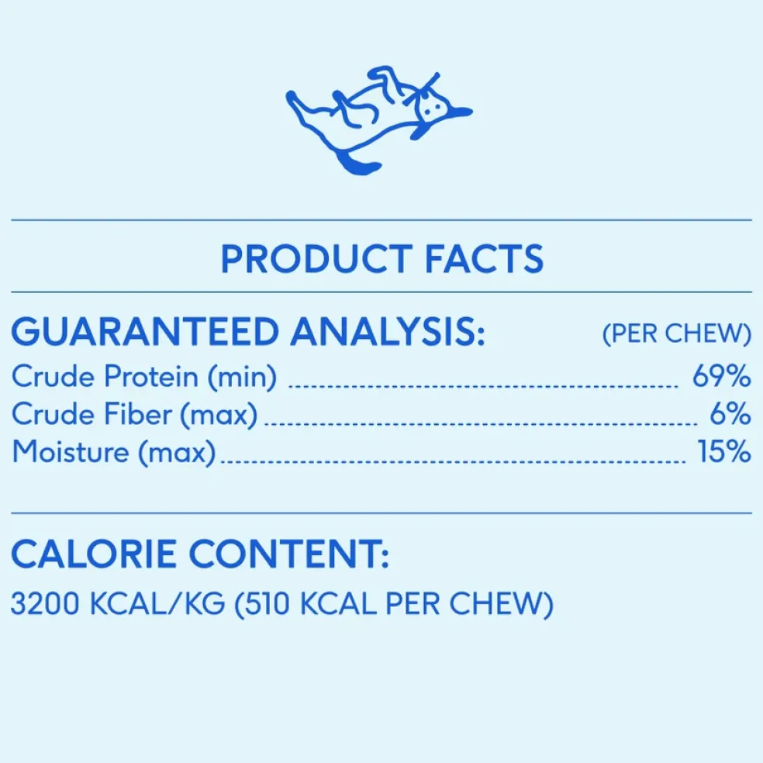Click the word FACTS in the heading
[484, 258]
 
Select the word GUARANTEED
[146, 332]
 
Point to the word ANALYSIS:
[388, 332]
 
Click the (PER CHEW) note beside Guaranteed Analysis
[677, 333]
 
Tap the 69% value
[722, 375]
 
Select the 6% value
[730, 413]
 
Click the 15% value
[724, 451]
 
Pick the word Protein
[151, 376]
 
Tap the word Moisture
[71, 451]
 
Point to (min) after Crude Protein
[243, 377]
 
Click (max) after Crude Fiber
[219, 415]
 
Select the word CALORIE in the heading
[94, 554]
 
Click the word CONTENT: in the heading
[289, 554]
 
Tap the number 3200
[45, 604]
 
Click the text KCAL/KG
[157, 604]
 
